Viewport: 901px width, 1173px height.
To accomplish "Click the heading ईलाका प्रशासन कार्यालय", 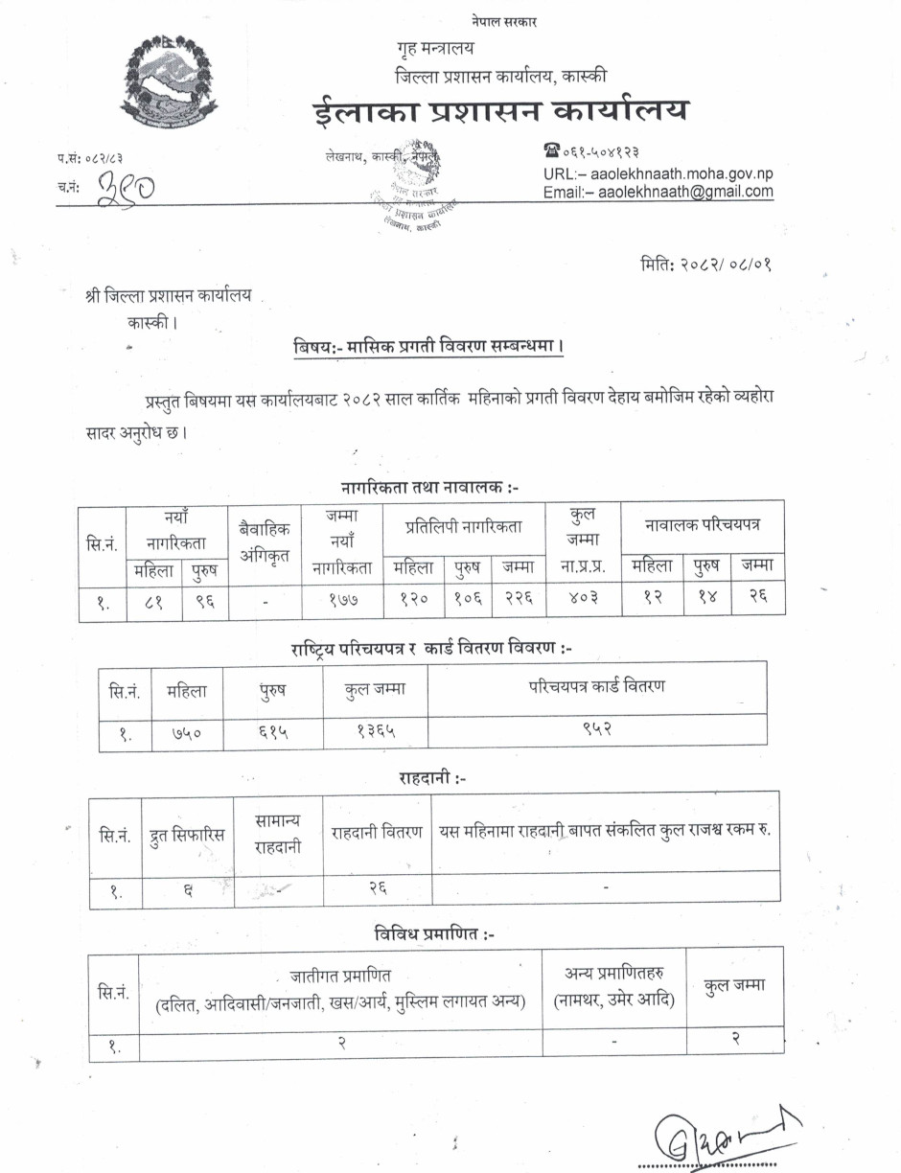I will tap(500, 112).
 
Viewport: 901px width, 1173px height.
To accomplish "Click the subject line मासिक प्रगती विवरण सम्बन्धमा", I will tap(428, 346).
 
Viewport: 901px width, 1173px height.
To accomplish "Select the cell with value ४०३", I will tap(582, 600).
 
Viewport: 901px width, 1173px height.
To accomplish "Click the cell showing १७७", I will tap(342, 600).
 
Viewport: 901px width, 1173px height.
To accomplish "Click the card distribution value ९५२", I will tap(597, 730).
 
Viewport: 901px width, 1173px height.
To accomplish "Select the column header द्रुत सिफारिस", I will tap(188, 833).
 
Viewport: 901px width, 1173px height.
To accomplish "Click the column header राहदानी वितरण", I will tap(378, 832).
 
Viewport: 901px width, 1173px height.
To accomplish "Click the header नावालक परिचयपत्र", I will tap(702, 526).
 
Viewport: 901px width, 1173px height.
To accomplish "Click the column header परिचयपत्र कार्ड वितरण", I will tap(597, 686).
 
